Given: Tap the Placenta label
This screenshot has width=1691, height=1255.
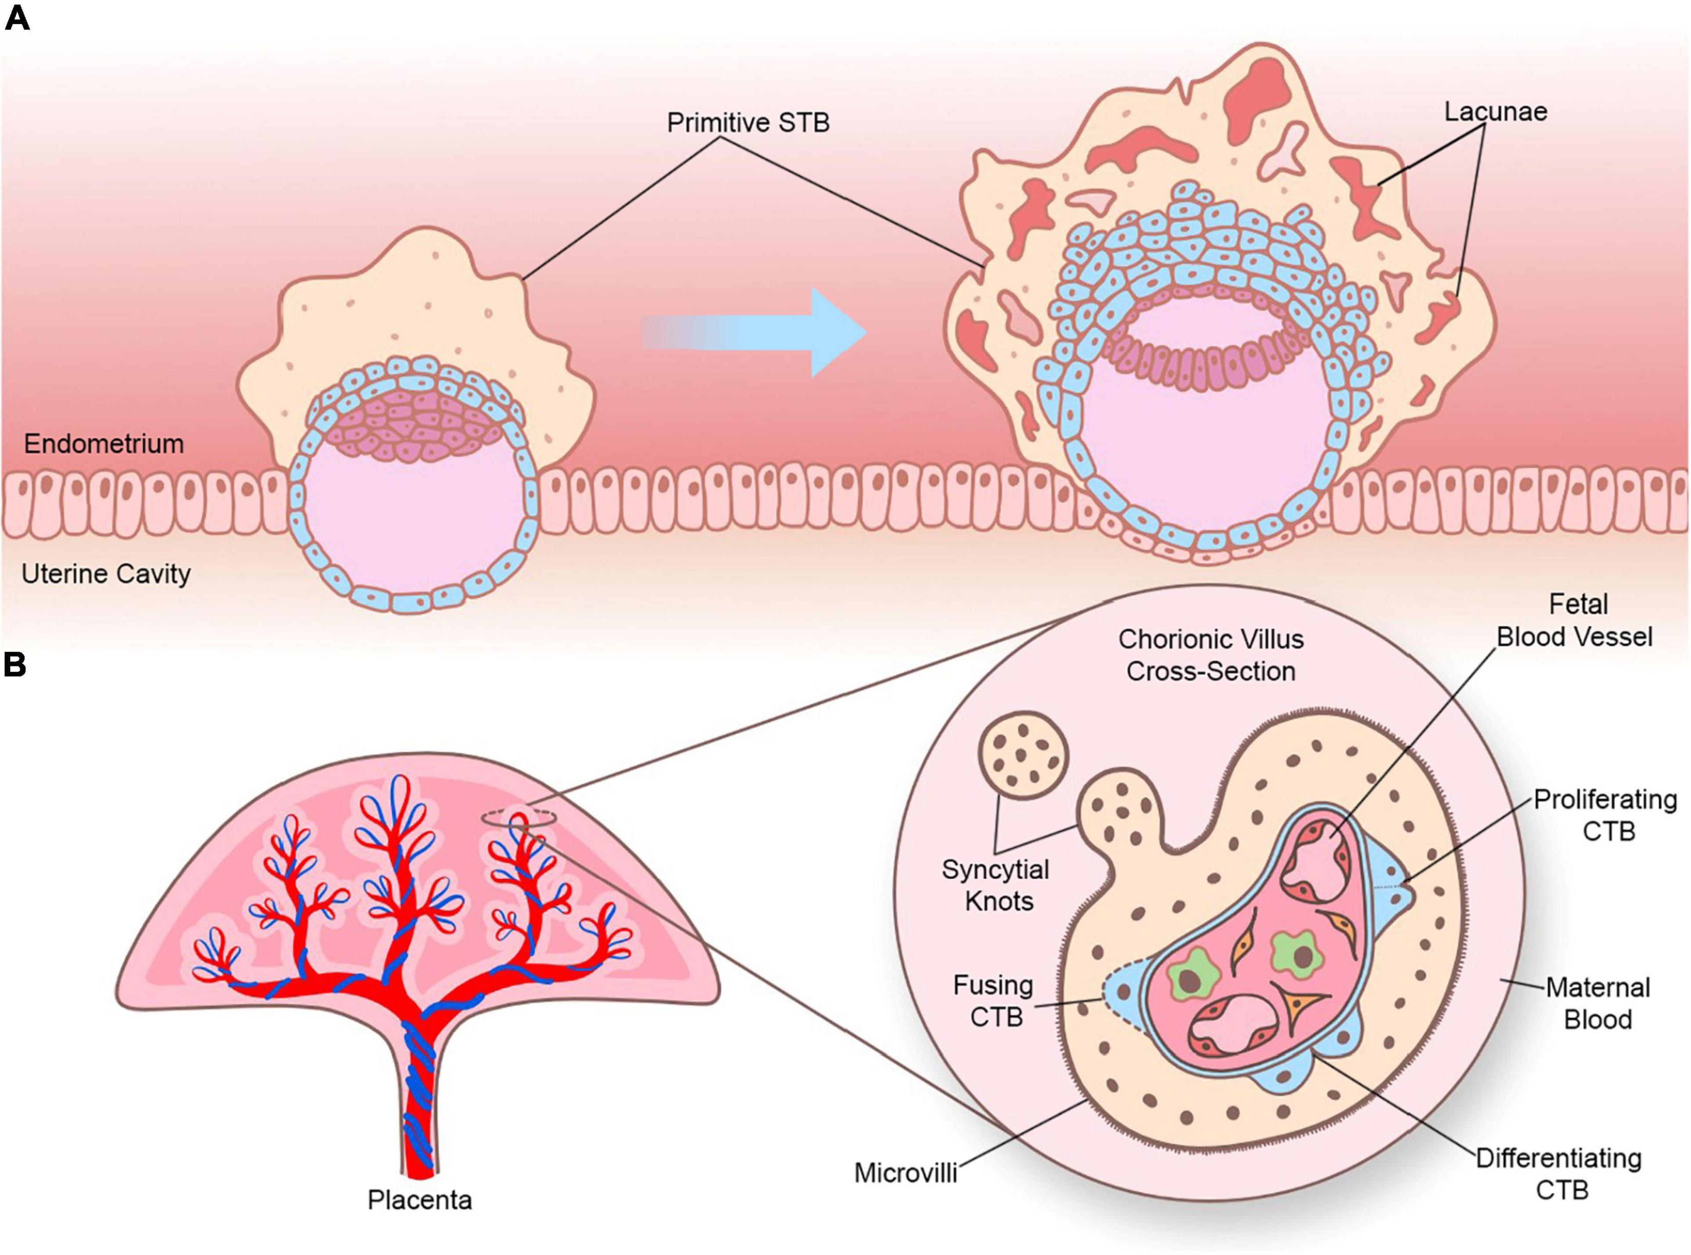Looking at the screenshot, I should (x=419, y=1200).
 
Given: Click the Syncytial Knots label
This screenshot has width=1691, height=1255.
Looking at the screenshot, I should (x=996, y=885).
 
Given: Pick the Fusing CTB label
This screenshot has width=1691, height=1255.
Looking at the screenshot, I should (x=994, y=1001).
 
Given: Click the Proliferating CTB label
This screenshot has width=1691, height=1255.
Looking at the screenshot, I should (x=1604, y=815).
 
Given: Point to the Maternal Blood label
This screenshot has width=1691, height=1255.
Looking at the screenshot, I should (x=1597, y=1003).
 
